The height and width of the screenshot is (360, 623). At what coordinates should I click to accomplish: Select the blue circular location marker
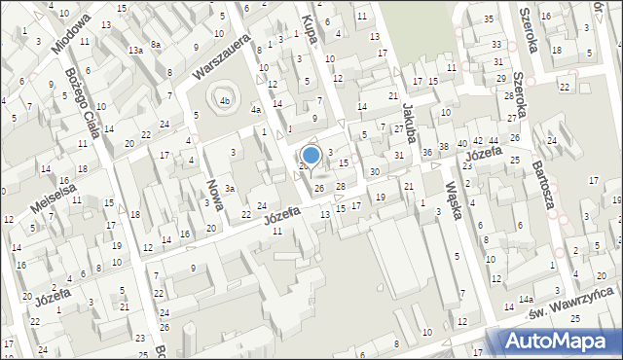311,155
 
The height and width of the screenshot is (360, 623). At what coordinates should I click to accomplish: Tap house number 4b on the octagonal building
226,100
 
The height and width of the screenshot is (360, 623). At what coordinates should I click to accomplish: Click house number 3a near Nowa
230,189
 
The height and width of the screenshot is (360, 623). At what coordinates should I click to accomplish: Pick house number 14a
526,300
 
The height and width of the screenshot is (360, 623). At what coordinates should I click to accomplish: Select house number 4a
255,111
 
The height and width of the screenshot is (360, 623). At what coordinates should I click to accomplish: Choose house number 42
477,142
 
